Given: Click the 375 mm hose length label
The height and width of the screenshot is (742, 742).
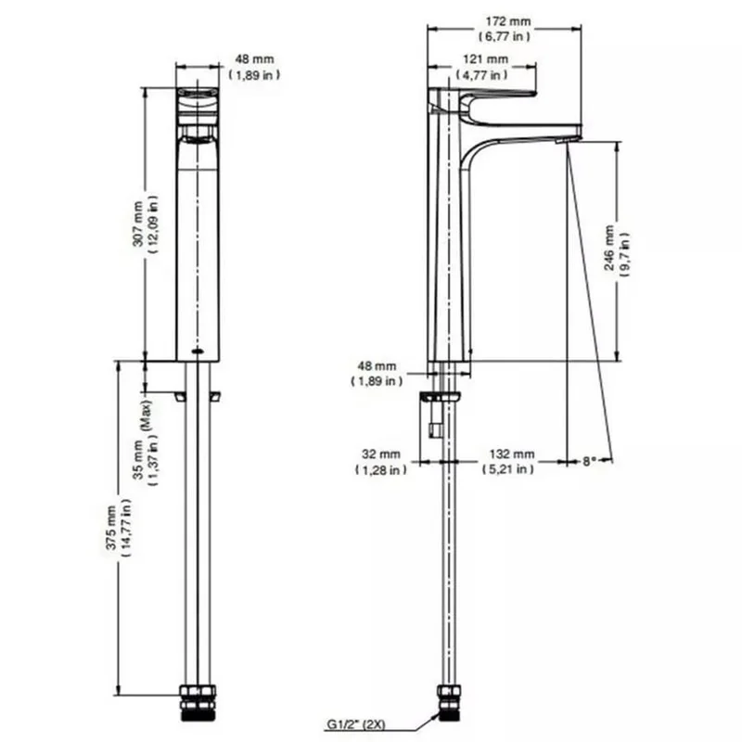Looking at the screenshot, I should coord(112,529).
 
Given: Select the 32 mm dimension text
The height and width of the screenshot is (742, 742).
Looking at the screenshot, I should coord(380,454).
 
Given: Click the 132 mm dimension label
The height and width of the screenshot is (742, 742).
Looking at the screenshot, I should coord(512,454).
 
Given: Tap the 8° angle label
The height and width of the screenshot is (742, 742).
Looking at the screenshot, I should coord(590,461).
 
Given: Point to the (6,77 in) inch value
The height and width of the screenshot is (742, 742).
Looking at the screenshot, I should coord(504,36).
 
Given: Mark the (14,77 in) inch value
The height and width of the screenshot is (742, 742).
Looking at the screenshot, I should coord(127,529).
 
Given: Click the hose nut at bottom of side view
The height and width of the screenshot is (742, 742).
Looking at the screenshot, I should coord(450,702).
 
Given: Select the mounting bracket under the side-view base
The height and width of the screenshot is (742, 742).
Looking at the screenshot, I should coord(439,399).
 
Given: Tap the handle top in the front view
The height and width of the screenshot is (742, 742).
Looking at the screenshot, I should coord(198,95).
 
